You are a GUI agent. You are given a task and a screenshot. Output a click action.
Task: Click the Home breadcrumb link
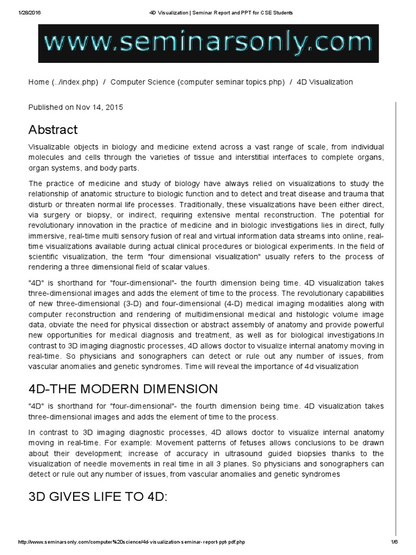pyautogui.click(x=63, y=82)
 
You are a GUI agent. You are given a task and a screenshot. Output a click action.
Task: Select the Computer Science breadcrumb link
pyautogui.click(x=197, y=82)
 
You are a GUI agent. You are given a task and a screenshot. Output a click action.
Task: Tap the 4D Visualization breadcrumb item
pyautogui.click(x=324, y=82)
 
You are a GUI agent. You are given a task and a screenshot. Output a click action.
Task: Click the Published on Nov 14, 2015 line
pyautogui.click(x=75, y=107)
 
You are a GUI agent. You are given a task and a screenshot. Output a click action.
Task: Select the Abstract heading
pyautogui.click(x=53, y=130)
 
